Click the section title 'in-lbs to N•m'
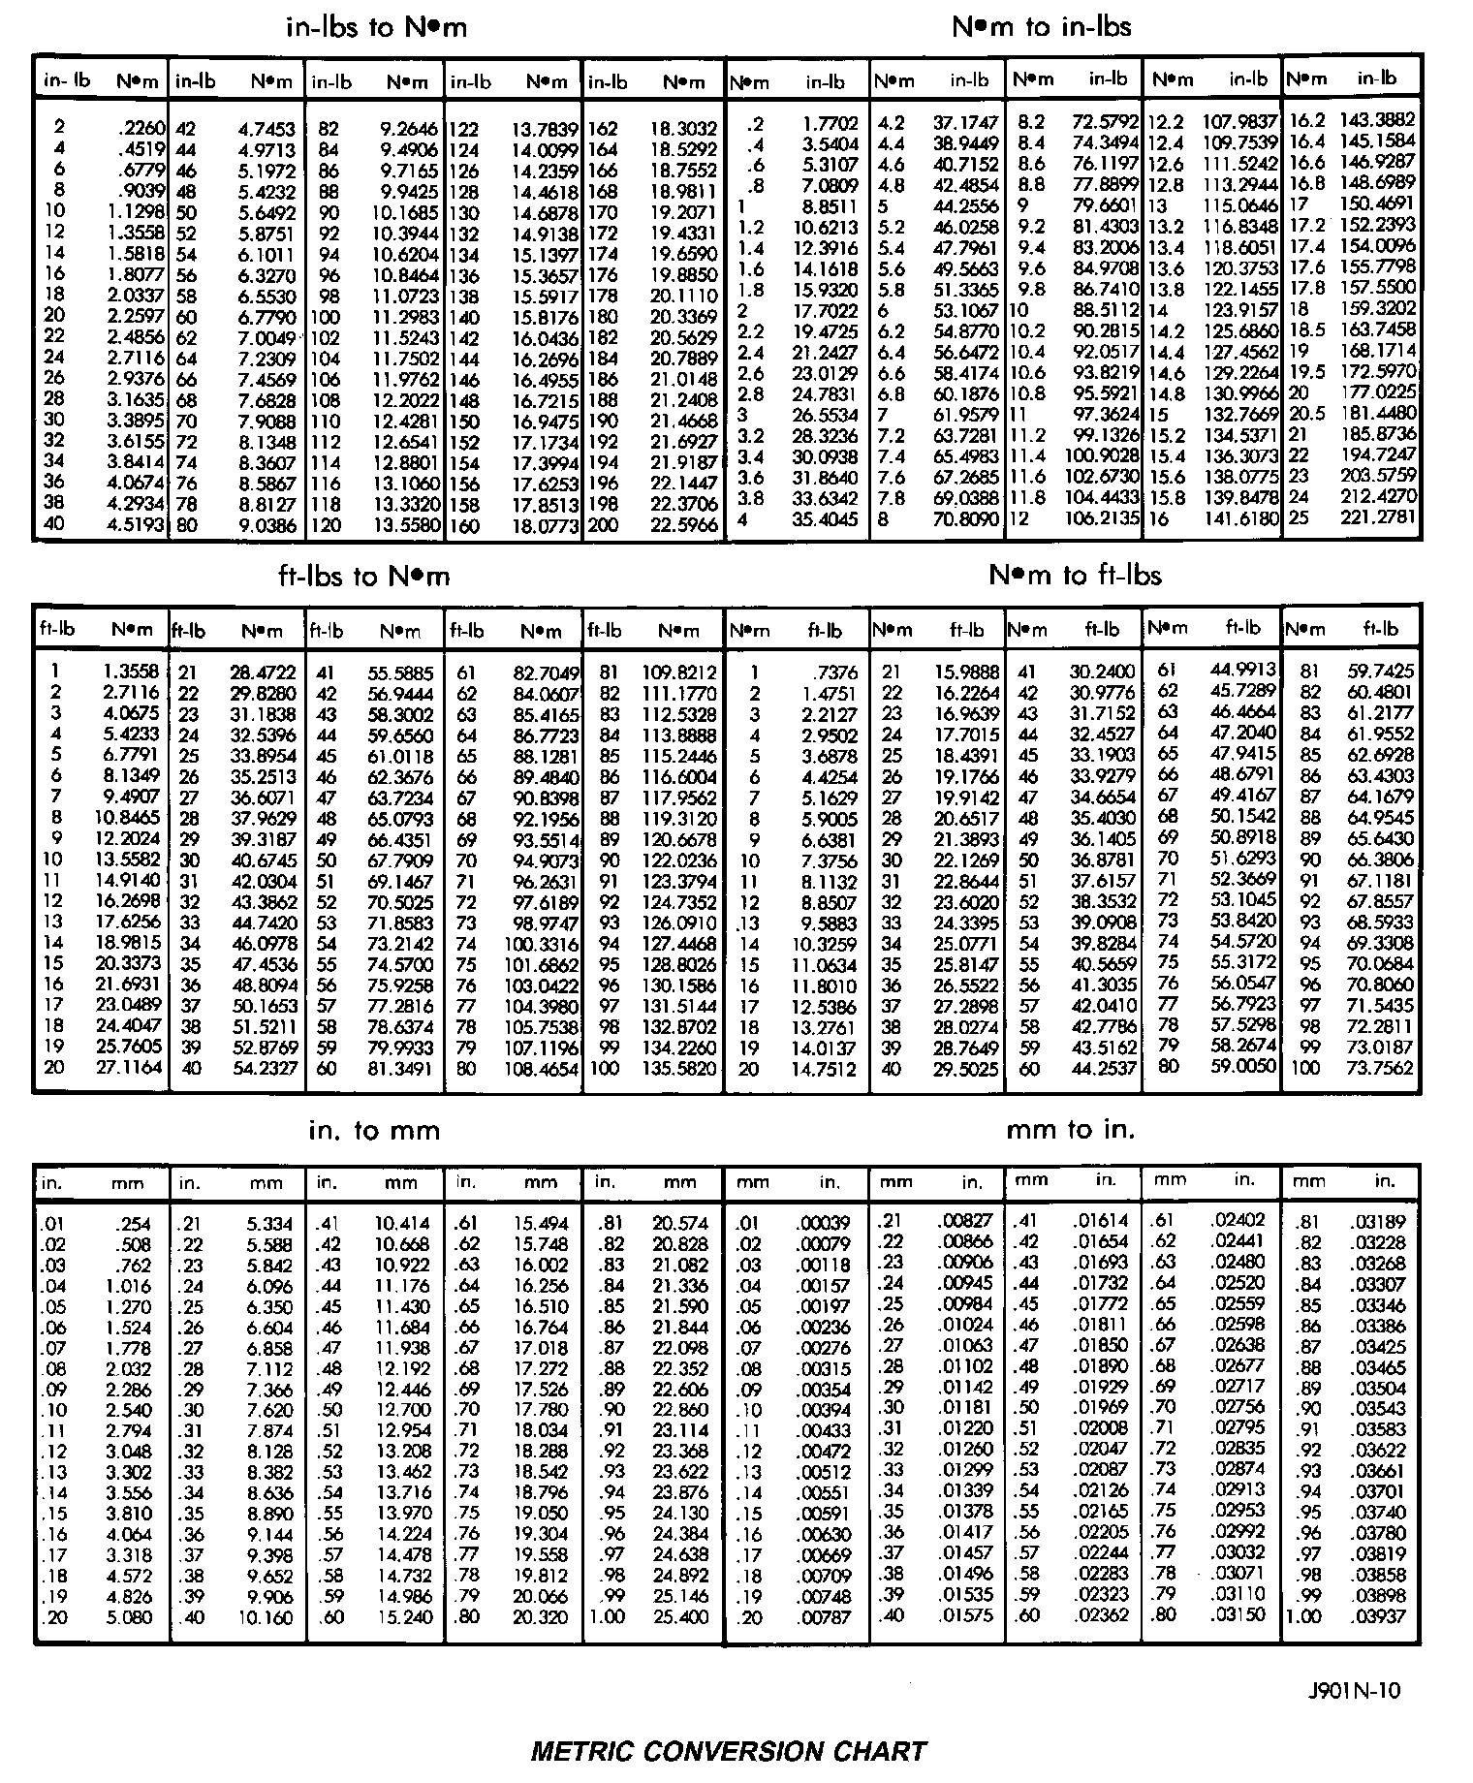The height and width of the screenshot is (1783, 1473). click(x=377, y=27)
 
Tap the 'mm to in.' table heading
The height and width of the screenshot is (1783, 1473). click(x=1070, y=1129)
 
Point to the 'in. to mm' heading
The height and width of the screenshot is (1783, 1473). click(x=374, y=1130)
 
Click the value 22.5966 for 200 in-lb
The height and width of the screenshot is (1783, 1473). click(x=684, y=524)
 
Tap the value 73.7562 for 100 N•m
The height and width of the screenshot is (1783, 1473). click(x=1380, y=1068)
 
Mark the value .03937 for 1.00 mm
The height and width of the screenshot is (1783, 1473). click(x=1377, y=1616)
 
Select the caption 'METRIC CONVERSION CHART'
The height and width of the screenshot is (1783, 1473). click(x=728, y=1751)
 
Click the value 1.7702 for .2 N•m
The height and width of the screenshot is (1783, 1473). click(x=831, y=124)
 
